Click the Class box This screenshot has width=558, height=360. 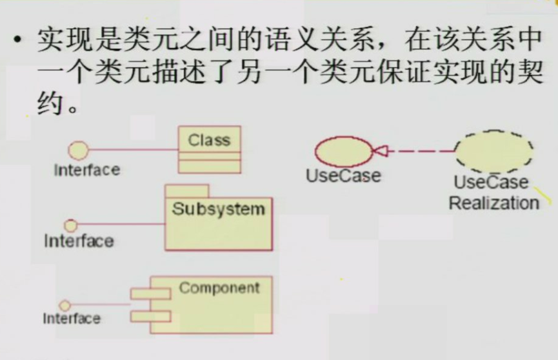[x=209, y=150]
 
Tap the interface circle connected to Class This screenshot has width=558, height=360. [x=79, y=151]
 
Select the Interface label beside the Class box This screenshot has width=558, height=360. [x=86, y=170]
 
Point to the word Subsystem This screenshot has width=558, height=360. [x=218, y=209]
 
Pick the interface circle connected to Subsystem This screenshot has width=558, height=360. [x=71, y=225]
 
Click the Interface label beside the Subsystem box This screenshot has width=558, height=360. [x=79, y=241]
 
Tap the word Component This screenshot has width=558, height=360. [x=219, y=288]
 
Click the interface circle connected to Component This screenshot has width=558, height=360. [x=64, y=305]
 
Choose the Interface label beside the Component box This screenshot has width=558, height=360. [x=72, y=319]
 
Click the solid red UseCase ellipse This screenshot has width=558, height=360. [x=343, y=152]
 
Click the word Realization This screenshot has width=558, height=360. [x=493, y=203]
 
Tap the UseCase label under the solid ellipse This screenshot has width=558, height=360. [x=343, y=175]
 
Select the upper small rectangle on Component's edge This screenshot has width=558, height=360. [x=150, y=294]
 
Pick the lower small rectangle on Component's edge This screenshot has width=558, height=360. [x=150, y=316]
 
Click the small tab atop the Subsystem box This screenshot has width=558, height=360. [x=186, y=190]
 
